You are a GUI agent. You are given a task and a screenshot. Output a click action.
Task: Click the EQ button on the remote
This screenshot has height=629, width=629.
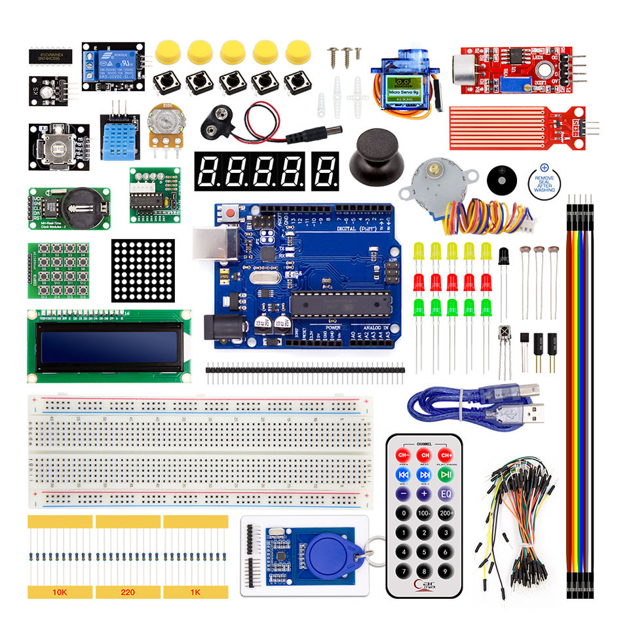[446, 493]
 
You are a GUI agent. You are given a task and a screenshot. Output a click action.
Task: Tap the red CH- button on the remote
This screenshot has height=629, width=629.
[403, 455]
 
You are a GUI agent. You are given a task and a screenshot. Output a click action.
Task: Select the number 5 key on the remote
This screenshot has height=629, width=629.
[425, 552]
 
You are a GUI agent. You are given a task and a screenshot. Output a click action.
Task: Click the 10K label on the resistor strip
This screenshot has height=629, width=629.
[60, 592]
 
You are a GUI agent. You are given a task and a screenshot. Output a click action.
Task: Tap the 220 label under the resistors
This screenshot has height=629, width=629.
[128, 592]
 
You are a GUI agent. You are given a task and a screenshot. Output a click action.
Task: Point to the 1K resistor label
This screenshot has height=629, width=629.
[195, 592]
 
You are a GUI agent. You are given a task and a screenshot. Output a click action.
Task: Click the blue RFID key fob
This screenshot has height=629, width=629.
[328, 547]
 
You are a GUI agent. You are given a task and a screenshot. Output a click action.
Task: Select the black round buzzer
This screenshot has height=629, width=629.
[503, 178]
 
